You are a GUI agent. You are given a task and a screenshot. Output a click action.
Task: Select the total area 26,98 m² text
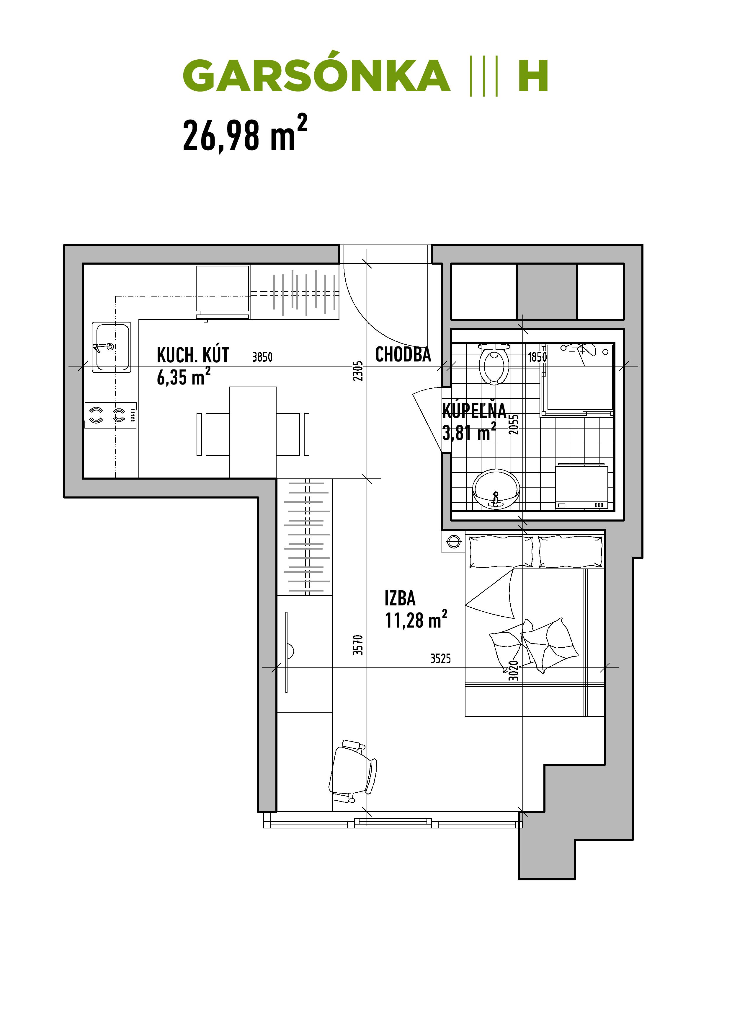click(x=245, y=134)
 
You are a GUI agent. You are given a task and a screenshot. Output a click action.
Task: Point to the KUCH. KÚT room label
click(x=193, y=356)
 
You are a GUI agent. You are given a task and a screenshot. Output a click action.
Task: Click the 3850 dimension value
click(x=262, y=357)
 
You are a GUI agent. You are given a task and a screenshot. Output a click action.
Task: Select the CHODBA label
click(x=403, y=355)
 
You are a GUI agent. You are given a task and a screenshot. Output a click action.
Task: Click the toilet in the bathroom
click(x=494, y=364)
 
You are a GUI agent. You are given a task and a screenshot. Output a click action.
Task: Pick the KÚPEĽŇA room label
click(x=474, y=411)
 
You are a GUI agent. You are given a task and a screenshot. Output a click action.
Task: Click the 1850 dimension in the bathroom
click(x=537, y=357)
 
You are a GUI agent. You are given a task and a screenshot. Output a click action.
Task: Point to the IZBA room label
click(x=400, y=598)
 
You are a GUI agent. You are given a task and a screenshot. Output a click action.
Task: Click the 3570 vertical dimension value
click(x=358, y=645)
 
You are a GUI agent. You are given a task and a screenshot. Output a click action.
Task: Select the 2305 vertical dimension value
click(x=358, y=371)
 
